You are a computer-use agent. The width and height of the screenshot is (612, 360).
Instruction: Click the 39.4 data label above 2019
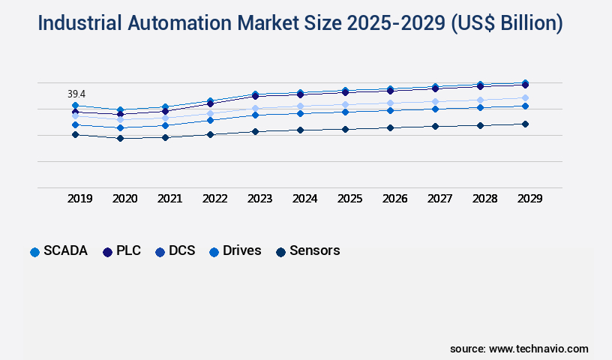pyautogui.click(x=76, y=94)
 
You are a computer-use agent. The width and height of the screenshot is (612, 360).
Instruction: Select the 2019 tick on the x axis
pyautogui.click(x=80, y=199)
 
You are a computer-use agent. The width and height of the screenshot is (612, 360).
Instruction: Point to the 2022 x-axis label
pyautogui.click(x=214, y=199)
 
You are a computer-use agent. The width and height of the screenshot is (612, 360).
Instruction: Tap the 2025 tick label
pyautogui.click(x=349, y=199)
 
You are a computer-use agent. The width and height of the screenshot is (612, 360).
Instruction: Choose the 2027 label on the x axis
pyautogui.click(x=439, y=199)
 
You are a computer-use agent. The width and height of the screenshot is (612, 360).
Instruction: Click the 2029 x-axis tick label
pyautogui.click(x=529, y=199)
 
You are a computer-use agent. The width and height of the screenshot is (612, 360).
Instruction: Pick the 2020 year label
pyautogui.click(x=124, y=199)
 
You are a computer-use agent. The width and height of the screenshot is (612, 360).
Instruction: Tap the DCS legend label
pyautogui.click(x=181, y=251)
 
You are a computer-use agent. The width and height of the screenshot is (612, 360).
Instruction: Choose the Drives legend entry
pyautogui.click(x=241, y=251)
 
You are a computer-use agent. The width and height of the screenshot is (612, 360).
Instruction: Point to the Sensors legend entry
pyautogui.click(x=314, y=251)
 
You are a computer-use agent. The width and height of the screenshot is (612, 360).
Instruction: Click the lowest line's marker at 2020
pyautogui.click(x=120, y=138)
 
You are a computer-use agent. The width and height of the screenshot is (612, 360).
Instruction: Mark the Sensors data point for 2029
pyautogui.click(x=525, y=124)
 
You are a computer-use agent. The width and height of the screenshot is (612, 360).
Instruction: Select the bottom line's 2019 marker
pyautogui.click(x=75, y=134)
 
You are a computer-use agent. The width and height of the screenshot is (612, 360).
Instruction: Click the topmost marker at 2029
pyautogui.click(x=525, y=82)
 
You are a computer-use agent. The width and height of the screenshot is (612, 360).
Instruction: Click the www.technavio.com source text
pyautogui.click(x=538, y=349)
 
